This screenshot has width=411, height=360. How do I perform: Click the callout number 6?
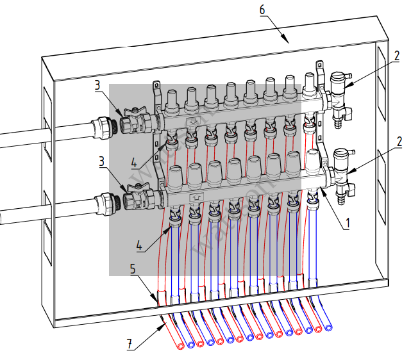click(x=262, y=9)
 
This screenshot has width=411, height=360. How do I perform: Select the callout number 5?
click(x=131, y=270)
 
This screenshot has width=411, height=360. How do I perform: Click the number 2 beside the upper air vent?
click(x=398, y=55)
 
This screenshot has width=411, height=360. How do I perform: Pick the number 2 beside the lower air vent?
click(x=398, y=140)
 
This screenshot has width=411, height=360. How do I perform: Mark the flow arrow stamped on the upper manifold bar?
click(x=192, y=121)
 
